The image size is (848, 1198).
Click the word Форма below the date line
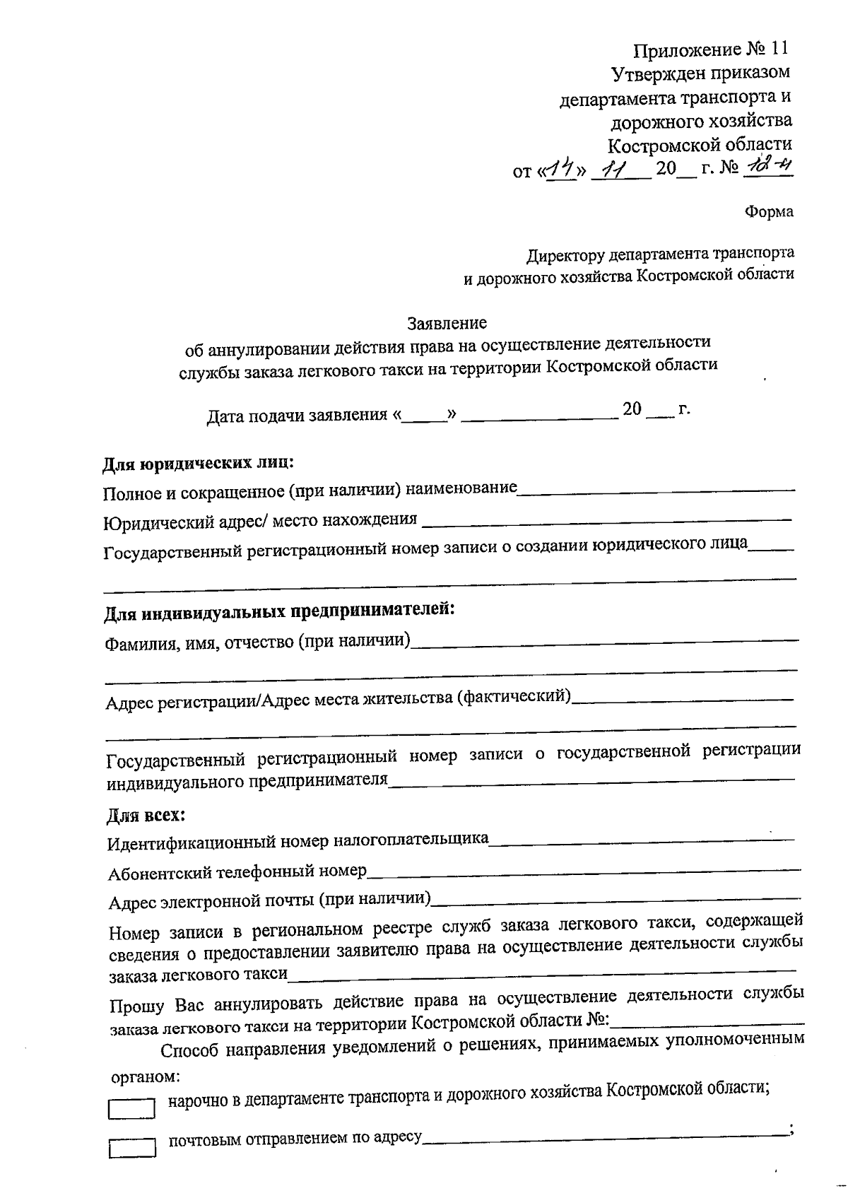click(x=770, y=211)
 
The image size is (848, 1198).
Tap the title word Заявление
click(x=447, y=323)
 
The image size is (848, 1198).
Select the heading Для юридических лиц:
click(x=199, y=464)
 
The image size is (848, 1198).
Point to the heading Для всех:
click(x=146, y=815)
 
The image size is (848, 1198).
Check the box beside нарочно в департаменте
click(x=131, y=1108)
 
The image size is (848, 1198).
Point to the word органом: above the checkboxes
click(x=146, y=1078)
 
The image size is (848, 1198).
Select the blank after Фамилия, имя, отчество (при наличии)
click(x=605, y=642)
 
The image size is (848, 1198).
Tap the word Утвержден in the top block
click(x=654, y=72)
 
